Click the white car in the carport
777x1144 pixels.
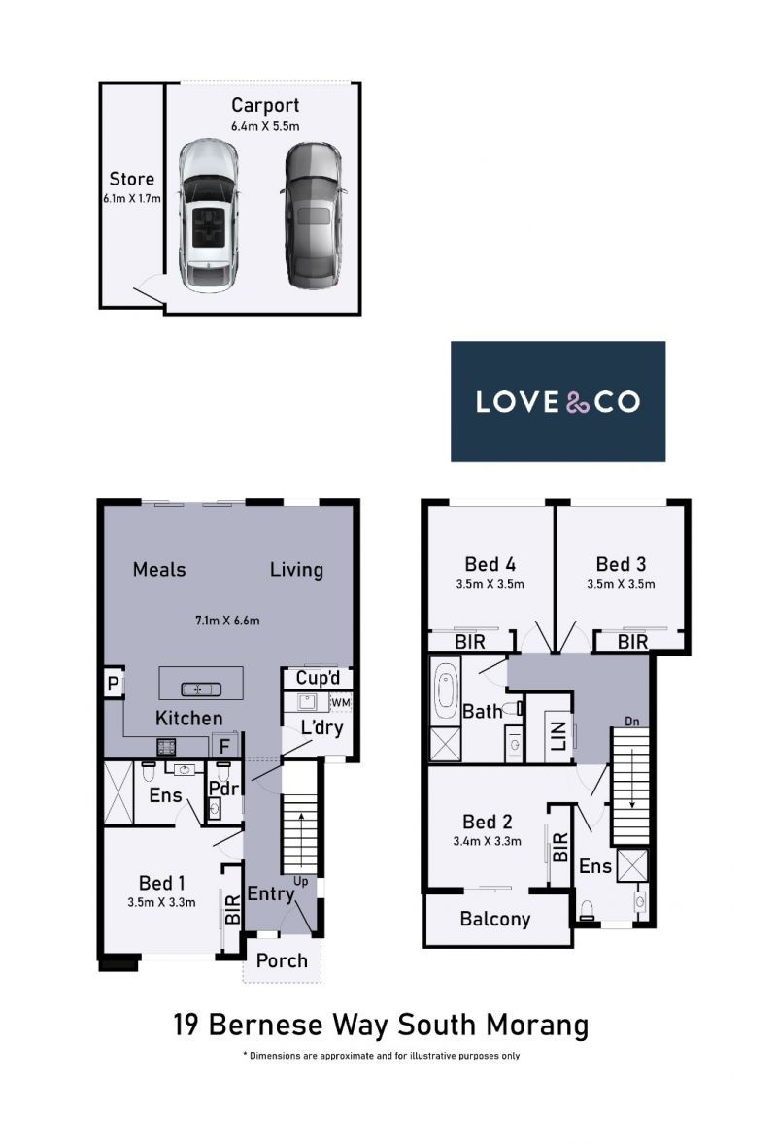[209, 216]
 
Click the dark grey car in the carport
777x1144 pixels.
[313, 216]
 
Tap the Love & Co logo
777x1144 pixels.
[557, 401]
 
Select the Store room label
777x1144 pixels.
[132, 179]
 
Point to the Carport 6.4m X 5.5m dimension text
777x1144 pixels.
[265, 126]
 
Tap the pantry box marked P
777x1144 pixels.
[113, 684]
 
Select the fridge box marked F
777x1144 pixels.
[224, 746]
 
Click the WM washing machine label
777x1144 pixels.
[341, 702]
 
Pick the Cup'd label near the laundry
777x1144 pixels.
[318, 678]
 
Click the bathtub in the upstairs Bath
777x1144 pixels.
[444, 690]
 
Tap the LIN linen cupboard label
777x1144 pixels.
[558, 736]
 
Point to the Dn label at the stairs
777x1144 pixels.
[632, 722]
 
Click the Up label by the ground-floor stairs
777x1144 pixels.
[300, 882]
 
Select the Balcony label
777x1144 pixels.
[495, 919]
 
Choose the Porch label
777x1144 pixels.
[282, 960]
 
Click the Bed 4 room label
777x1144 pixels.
[490, 564]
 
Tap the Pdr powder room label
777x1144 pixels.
[224, 789]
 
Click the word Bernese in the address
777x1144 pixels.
[265, 1025]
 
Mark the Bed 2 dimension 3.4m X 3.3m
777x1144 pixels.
[488, 841]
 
